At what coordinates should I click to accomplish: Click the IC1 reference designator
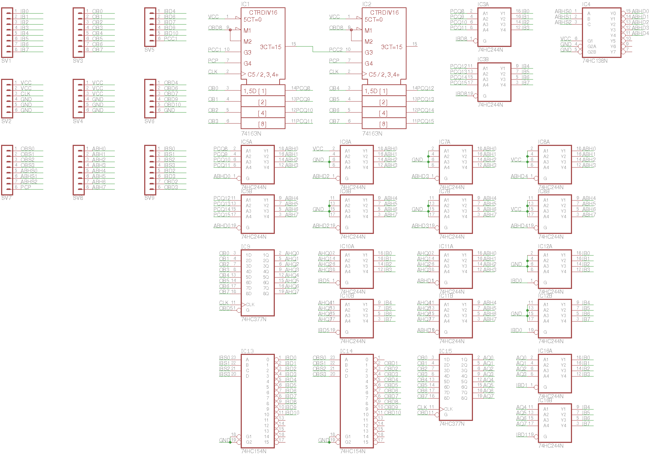pyautogui.click(x=245, y=4)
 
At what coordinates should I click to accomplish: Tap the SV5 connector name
pyautogui.click(x=149, y=50)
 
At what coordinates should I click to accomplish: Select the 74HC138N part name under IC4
pyautogui.click(x=595, y=61)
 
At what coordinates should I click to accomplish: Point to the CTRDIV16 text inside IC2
pyautogui.click(x=384, y=12)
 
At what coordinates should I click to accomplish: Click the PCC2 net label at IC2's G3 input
pyautogui.click(x=336, y=50)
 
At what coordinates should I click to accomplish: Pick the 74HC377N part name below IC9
pyautogui.click(x=254, y=319)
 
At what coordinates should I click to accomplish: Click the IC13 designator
pyautogui.click(x=247, y=351)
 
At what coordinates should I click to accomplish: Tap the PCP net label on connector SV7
pyautogui.click(x=26, y=187)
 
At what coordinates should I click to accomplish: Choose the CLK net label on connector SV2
pyautogui.click(x=26, y=94)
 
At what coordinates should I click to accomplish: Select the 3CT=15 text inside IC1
pyautogui.click(x=270, y=47)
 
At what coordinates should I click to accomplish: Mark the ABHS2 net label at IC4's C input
pyautogui.click(x=563, y=22)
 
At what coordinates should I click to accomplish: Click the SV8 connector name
pyautogui.click(x=78, y=198)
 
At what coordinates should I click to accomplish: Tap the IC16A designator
pyautogui.click(x=545, y=351)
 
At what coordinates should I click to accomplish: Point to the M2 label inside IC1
pyautogui.click(x=248, y=41)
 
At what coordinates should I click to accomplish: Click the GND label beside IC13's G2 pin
pyautogui.click(x=224, y=440)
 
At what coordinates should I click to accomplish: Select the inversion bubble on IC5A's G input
pyautogui.click(x=239, y=178)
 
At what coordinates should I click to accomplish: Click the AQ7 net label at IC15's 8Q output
pyautogui.click(x=488, y=396)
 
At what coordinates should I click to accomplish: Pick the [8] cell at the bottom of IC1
pyautogui.click(x=262, y=124)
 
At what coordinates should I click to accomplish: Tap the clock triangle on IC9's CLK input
pyautogui.click(x=243, y=305)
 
